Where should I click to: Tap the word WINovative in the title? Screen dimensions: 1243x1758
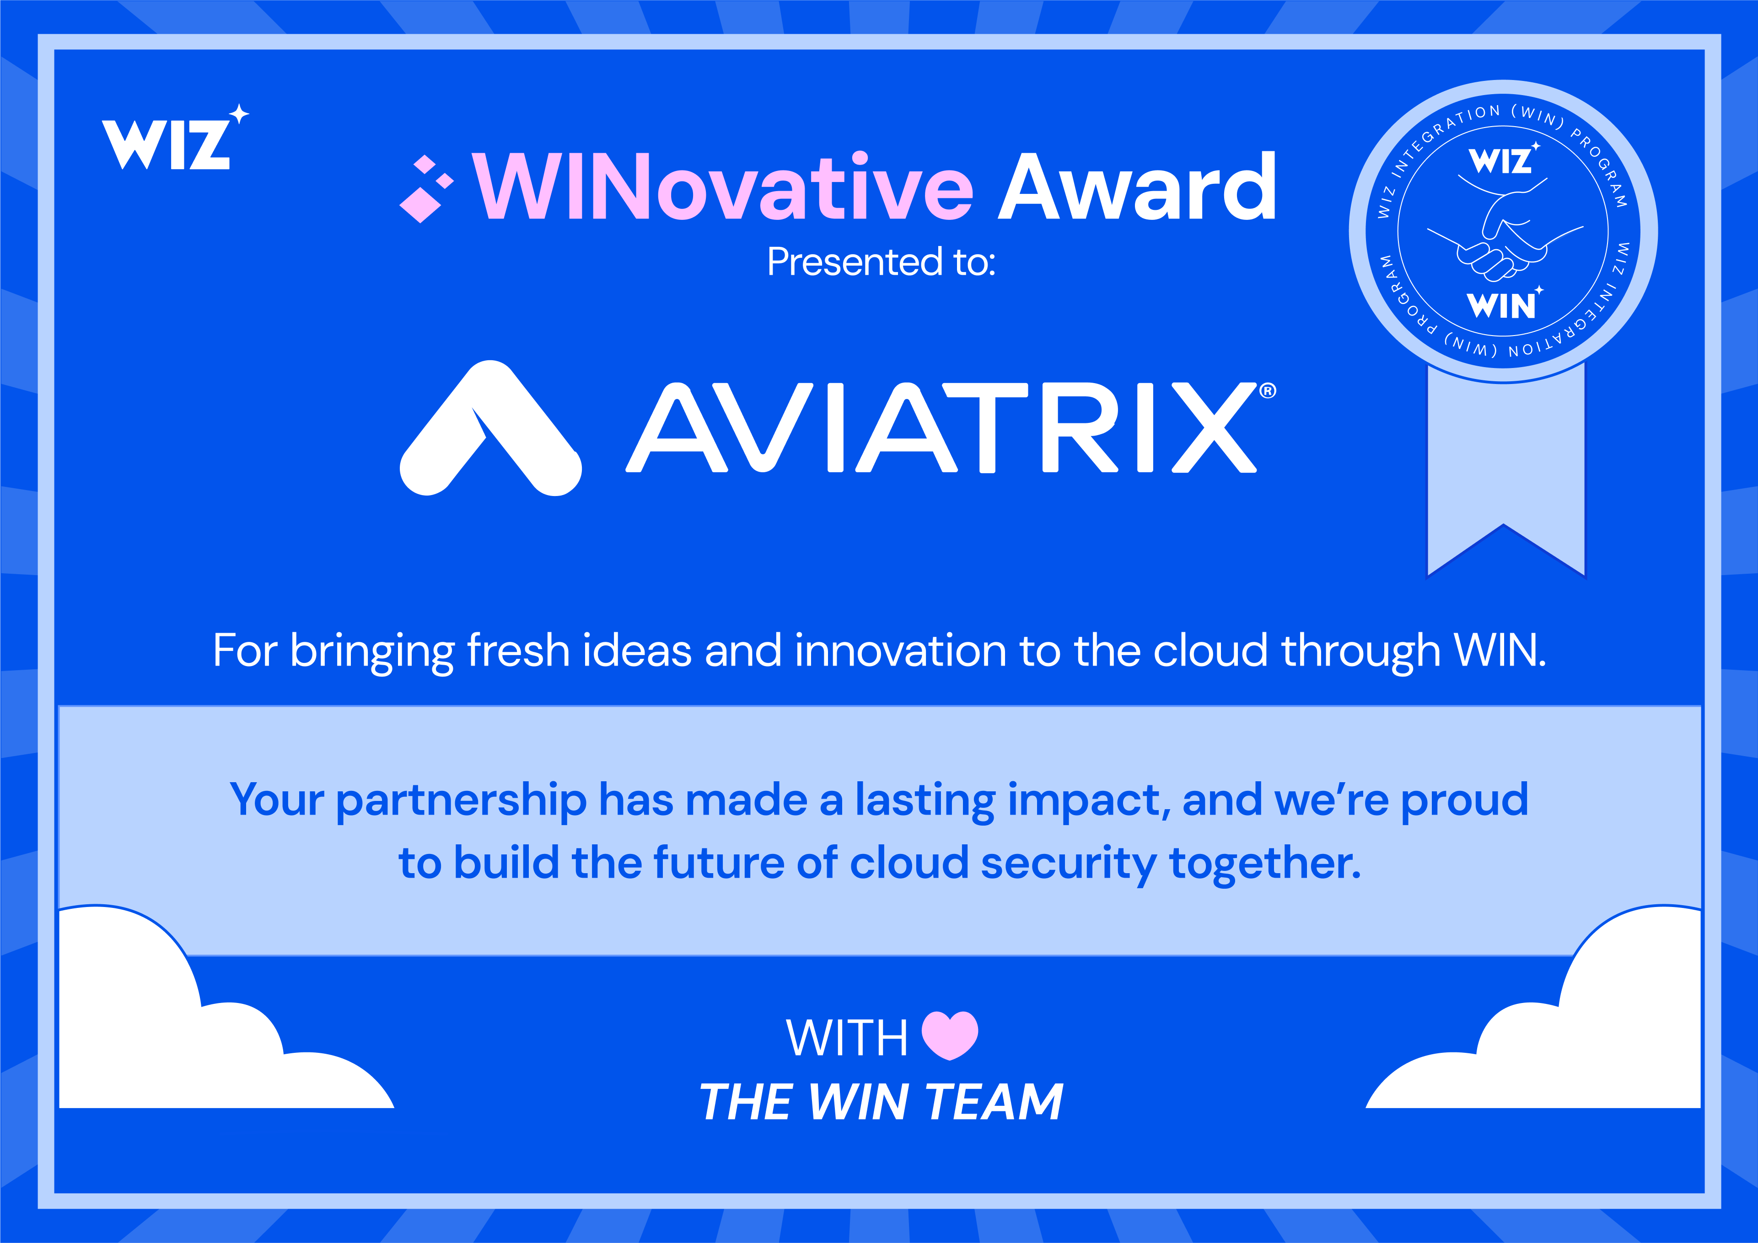[722, 187]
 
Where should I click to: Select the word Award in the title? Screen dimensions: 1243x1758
[1138, 187]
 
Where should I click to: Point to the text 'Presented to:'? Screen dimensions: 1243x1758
[881, 262]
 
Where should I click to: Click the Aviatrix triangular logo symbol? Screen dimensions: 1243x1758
[490, 429]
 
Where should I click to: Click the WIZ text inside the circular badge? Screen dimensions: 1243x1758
[1501, 161]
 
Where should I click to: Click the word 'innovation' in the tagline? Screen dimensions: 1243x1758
[900, 651]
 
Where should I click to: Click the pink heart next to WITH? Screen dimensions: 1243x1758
[949, 1035]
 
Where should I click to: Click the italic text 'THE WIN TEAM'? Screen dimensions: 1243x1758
[881, 1102]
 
